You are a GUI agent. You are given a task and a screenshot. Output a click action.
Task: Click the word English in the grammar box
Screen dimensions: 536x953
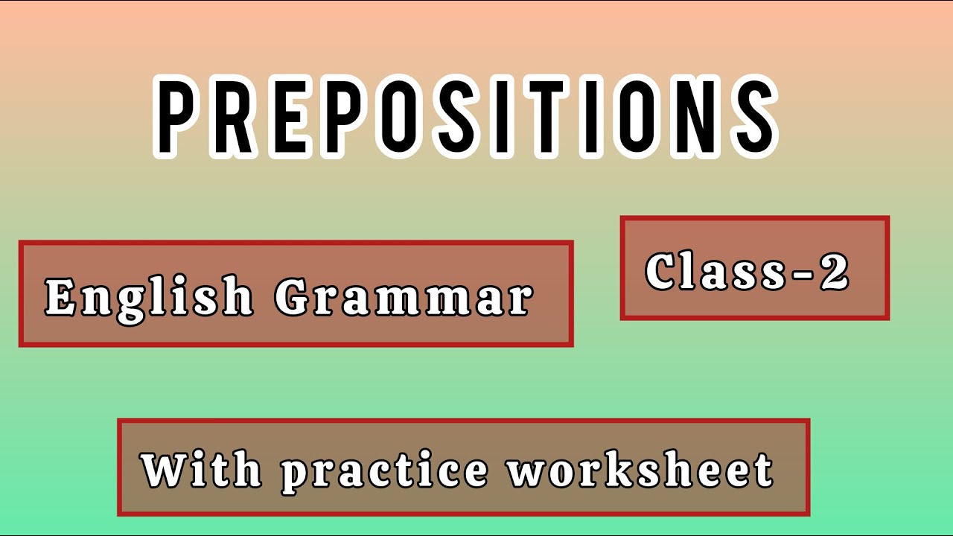click(x=149, y=296)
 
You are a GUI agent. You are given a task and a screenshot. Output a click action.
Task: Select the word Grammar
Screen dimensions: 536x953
click(x=404, y=296)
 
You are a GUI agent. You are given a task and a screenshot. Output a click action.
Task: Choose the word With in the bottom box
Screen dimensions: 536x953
click(x=201, y=469)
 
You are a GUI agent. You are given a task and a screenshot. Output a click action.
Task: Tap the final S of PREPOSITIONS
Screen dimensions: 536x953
click(x=750, y=116)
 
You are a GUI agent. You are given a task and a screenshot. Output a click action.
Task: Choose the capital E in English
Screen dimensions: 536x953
click(x=62, y=296)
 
